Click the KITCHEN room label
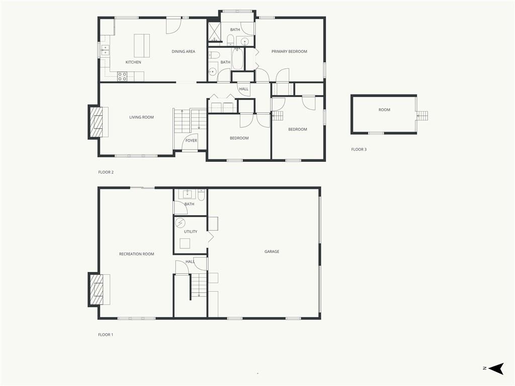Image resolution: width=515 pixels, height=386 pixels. pos(133,62)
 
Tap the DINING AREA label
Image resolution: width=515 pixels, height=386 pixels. pos(183,52)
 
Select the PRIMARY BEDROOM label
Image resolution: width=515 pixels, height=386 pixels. pos(289,52)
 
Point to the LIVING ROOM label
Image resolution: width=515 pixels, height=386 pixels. pos(141,117)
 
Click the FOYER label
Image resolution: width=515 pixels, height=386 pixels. pos(191,141)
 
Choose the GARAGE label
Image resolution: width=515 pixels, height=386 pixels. pos(272,251)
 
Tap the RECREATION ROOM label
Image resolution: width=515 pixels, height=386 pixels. pos(137,254)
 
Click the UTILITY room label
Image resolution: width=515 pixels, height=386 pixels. pos(191,232)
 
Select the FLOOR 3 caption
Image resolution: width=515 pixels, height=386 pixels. pos(359,149)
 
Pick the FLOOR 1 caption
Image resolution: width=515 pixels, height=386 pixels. pos(106,335)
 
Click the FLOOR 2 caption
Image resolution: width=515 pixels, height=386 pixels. pos(106,172)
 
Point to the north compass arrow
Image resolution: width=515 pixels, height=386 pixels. pos(496,368)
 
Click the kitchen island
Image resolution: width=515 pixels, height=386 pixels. pos(142,46)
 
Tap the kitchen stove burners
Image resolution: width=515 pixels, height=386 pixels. pos(122,76)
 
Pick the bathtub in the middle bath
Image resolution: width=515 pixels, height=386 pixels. pos(237,59)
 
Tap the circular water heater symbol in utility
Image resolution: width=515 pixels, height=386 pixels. pos(180,223)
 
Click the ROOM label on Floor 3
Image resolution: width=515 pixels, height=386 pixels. pos(384,110)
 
